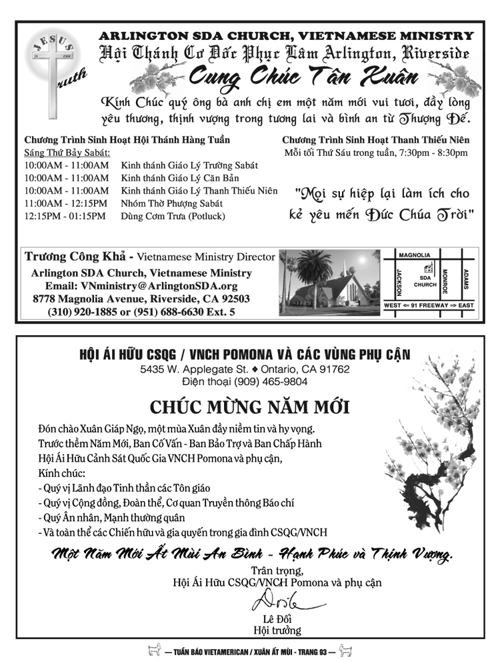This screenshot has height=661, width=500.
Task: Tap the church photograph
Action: point(328,283)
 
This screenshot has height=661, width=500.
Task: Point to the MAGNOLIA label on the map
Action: point(414,255)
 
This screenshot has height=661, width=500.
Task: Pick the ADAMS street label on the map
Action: point(466,280)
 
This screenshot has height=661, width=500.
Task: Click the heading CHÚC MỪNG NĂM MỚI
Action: point(249,407)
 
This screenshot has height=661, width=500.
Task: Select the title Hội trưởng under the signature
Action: point(277,630)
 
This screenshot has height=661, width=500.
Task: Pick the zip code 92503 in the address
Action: point(232,299)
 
